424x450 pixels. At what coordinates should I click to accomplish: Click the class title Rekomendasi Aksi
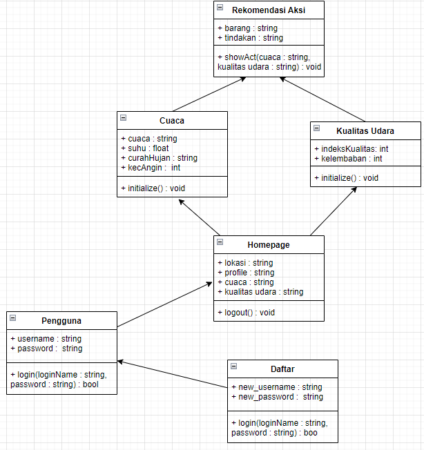[x=269, y=10]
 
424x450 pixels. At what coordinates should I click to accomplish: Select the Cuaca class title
[x=172, y=120]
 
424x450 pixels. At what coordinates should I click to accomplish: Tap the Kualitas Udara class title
[x=365, y=130]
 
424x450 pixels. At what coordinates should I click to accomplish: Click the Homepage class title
[x=269, y=244]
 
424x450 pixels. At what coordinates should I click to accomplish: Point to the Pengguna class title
[x=61, y=320]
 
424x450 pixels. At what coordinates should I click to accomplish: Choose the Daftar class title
[x=282, y=369]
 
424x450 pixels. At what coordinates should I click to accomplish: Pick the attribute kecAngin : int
[x=151, y=167]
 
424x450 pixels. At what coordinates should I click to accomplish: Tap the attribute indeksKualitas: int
[x=351, y=148]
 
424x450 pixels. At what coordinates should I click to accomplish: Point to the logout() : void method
[x=246, y=312]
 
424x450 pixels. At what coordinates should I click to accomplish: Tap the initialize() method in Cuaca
[x=153, y=188]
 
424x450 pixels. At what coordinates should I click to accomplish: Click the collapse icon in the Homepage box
[x=220, y=242]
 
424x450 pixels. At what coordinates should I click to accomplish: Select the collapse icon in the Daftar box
[x=234, y=366]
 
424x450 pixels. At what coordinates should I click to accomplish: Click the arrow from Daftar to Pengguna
[x=173, y=374]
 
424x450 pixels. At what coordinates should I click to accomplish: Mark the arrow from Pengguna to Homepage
[x=164, y=304]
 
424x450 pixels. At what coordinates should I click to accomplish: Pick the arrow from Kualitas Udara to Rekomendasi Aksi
[x=323, y=99]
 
